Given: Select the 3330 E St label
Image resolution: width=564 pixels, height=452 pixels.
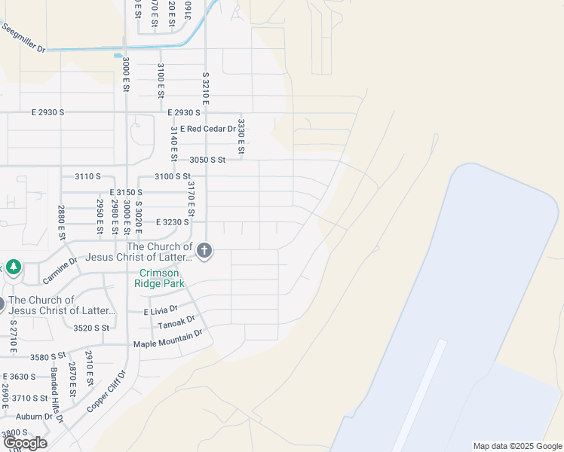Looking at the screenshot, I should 241,136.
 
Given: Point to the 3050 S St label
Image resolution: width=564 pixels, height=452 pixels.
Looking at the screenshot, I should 207,160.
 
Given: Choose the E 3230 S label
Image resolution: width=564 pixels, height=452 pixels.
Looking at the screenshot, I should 172,222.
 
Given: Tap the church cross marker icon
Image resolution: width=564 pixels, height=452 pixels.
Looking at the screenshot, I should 204,251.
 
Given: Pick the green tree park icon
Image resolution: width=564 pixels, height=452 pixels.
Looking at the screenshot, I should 14,267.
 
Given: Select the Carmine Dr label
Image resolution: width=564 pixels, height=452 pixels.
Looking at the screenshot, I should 60,270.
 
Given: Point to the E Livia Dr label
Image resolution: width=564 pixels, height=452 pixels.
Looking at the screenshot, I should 161,310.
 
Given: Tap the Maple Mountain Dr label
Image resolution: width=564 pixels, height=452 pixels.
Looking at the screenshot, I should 168,339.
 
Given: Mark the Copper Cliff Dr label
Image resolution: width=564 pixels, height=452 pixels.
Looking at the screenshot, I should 106,391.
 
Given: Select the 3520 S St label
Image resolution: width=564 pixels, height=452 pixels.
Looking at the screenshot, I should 91,328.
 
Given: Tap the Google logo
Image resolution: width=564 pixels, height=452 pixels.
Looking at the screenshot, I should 25,443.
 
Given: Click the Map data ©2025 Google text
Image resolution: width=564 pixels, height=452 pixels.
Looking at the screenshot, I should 517,446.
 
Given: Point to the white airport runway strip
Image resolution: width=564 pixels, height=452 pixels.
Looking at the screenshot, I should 419,395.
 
